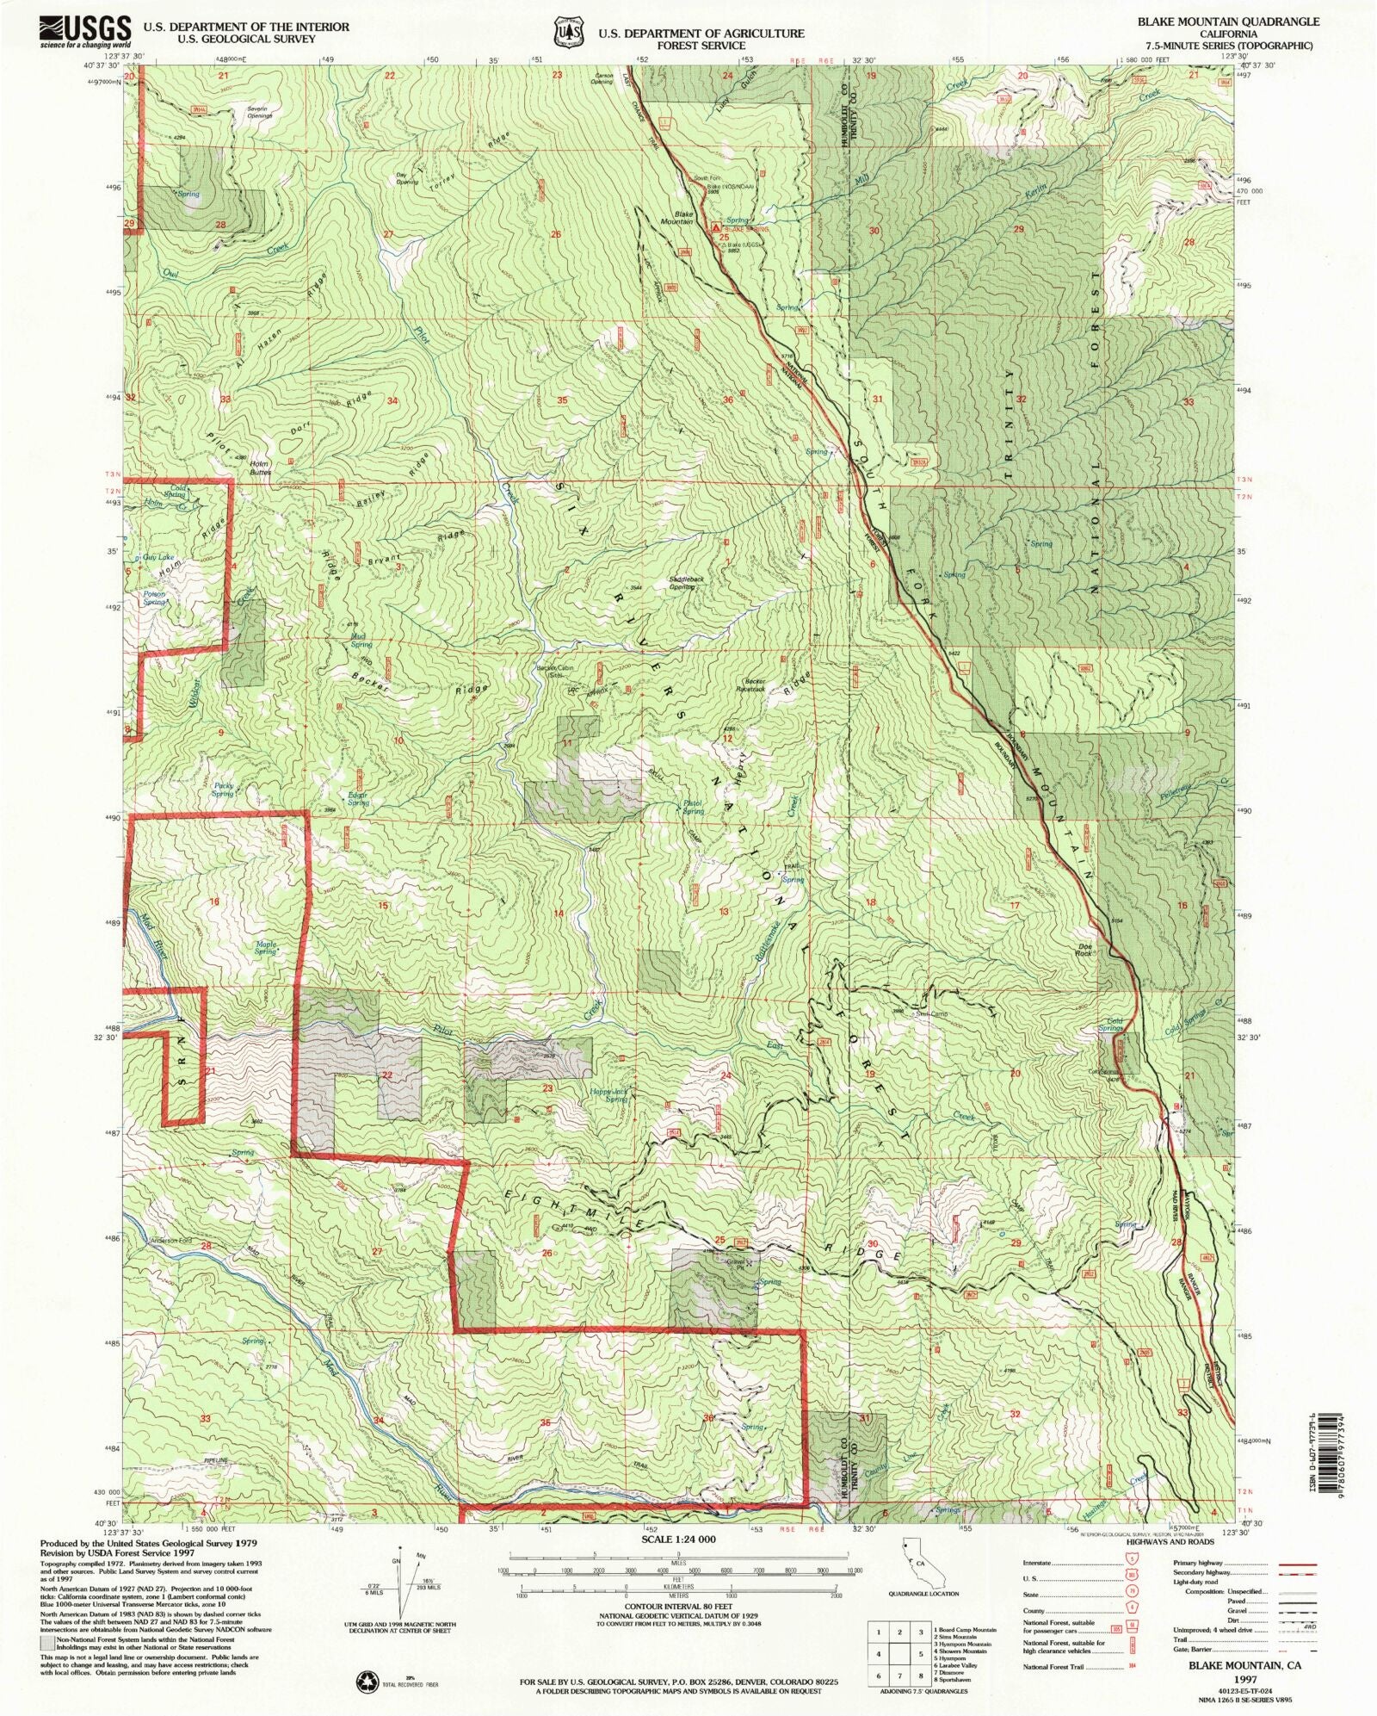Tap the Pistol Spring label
[x=693, y=807]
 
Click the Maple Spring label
[x=265, y=948]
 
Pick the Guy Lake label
[x=158, y=558]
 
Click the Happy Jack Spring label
[x=608, y=1095]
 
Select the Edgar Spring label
[x=357, y=798]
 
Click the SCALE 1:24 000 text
[x=673, y=1539]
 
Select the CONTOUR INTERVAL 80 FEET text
[x=673, y=1607]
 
